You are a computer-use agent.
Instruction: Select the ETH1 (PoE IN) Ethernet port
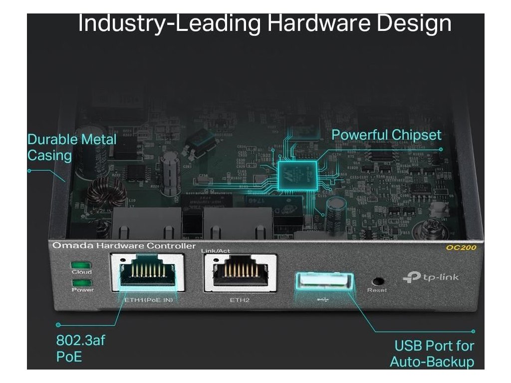147,273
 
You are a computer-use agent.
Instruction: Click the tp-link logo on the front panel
430,277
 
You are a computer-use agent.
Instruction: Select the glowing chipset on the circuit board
298,172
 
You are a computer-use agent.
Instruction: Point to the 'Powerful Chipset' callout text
386,135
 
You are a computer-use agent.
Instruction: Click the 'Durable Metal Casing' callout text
71,147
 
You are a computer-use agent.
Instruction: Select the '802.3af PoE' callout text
80,349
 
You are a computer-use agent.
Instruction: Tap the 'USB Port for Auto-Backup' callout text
432,353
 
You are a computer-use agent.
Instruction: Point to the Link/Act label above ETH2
214,250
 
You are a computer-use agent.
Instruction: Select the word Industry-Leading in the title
169,23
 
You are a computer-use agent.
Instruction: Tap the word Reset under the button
377,290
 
